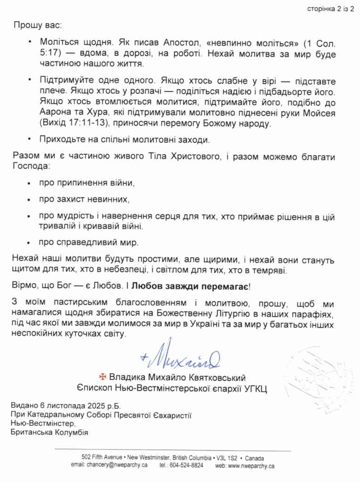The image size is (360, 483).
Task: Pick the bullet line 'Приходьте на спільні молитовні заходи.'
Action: coord(124,139)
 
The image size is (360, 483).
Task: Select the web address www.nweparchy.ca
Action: coord(251,466)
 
